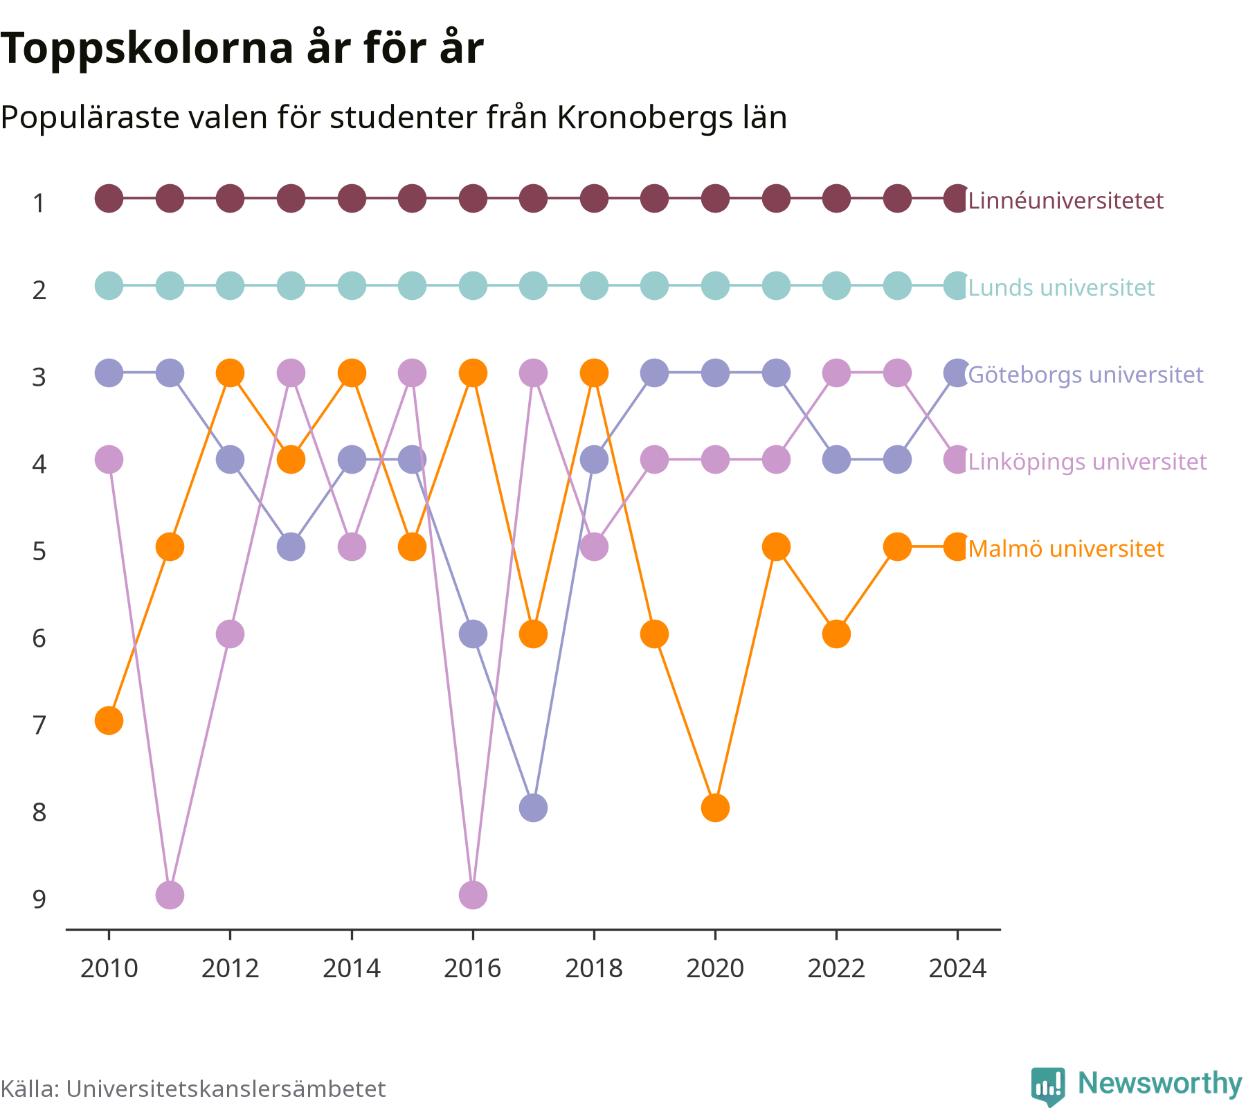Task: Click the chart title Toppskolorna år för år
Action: tap(242, 48)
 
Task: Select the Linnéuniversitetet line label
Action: tap(1066, 201)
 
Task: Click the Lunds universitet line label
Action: tap(1061, 287)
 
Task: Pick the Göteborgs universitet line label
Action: tap(1086, 375)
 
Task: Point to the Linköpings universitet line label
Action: tap(1087, 462)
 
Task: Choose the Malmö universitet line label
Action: tap(1066, 548)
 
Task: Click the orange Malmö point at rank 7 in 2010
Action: tap(109, 721)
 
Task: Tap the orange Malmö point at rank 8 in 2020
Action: tap(715, 807)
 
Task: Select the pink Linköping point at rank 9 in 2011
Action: tap(170, 895)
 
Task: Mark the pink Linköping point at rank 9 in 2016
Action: tap(473, 895)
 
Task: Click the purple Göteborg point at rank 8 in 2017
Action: tap(533, 807)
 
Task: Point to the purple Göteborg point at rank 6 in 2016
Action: tap(473, 634)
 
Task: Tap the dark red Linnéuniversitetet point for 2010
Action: tap(109, 199)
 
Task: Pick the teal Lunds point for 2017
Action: tap(533, 285)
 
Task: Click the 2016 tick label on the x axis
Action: tap(473, 968)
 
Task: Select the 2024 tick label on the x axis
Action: tap(957, 968)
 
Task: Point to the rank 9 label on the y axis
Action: tap(39, 899)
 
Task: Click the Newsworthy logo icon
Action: tap(1048, 1086)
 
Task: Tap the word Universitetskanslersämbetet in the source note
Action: tap(226, 1089)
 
